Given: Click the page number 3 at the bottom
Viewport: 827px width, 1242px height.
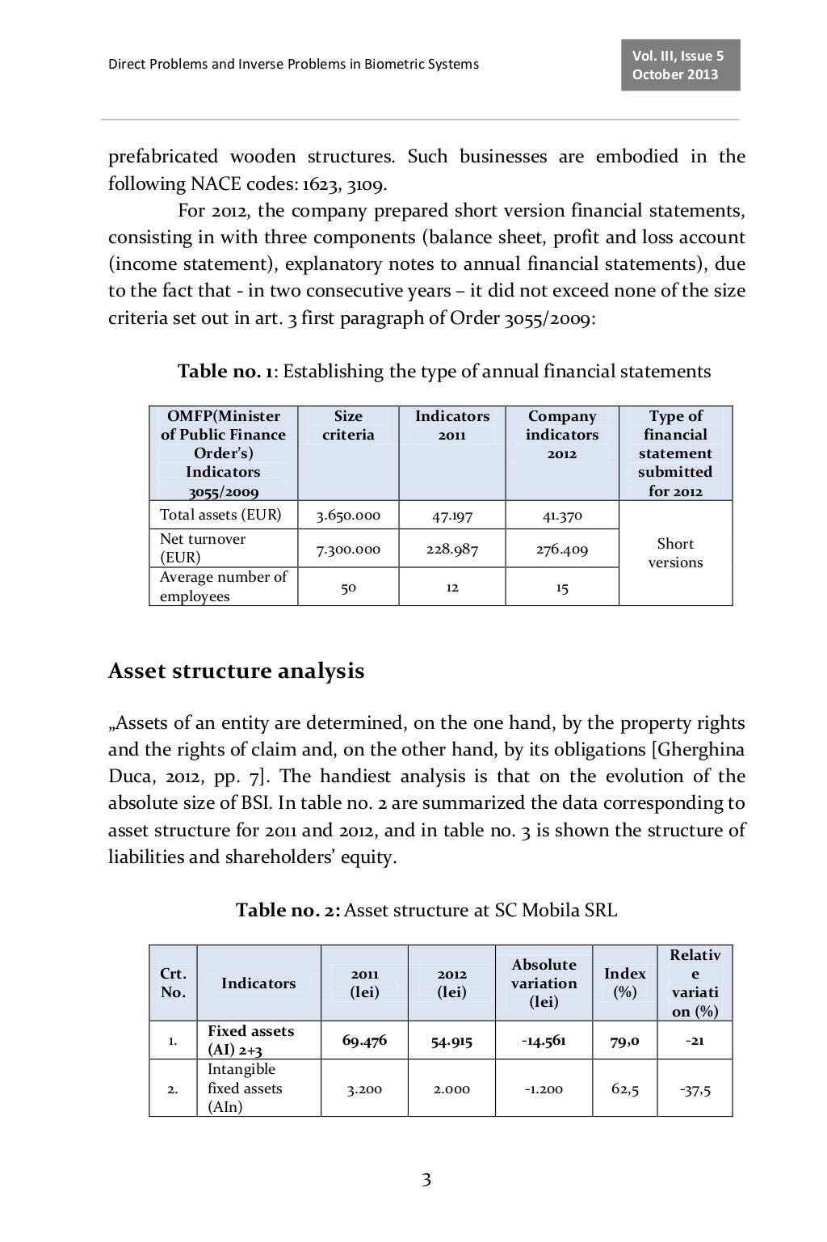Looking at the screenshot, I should [x=426, y=1181].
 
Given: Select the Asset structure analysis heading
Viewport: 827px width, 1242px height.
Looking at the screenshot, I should [x=236, y=671].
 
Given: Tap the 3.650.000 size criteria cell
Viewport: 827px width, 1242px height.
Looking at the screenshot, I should [x=347, y=515].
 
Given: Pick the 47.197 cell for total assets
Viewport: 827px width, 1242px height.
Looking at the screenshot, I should [x=451, y=515].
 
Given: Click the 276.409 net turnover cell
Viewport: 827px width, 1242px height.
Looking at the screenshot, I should [x=562, y=549].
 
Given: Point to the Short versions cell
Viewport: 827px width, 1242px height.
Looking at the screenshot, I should [x=675, y=553].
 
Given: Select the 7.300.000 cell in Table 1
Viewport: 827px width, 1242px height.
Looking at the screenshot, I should [x=347, y=549].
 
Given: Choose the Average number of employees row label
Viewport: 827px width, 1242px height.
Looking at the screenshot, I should [x=223, y=587].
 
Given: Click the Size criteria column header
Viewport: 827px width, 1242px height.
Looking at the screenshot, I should [x=348, y=425].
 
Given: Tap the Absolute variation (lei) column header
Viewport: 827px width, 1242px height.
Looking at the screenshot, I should [x=544, y=983].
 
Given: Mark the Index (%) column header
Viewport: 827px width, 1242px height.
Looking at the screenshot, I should [x=624, y=983].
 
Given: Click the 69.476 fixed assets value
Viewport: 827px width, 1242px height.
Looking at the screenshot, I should [x=364, y=1040].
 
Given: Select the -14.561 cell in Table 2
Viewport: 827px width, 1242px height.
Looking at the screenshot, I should [x=544, y=1040].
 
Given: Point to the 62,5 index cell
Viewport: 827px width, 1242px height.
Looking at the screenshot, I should [x=625, y=1088].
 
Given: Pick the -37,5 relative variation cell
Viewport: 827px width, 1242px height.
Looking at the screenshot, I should [x=695, y=1088].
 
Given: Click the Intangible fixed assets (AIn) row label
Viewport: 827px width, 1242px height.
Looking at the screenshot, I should [x=245, y=1088].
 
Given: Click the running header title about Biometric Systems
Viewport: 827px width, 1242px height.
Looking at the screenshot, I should [x=293, y=64].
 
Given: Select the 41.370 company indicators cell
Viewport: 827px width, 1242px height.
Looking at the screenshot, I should [x=562, y=515].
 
